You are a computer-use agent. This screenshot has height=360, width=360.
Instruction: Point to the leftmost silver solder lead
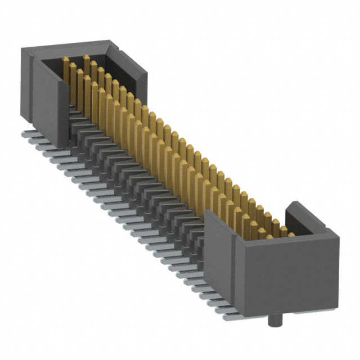[27, 135]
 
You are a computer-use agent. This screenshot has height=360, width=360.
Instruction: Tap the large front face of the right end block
[287, 276]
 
